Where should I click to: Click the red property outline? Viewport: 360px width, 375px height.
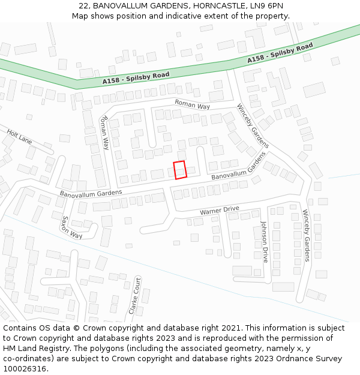click(180, 170)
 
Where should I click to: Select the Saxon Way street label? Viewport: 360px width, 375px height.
click(71, 227)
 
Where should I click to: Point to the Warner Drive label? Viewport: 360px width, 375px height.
click(219, 211)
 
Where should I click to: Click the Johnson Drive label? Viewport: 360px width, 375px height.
click(264, 242)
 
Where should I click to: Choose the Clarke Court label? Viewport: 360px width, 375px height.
click(134, 296)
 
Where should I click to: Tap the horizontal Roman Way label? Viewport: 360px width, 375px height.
click(192, 105)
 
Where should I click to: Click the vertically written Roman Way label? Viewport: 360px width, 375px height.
click(105, 133)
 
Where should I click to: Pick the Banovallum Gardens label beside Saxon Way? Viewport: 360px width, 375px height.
click(91, 193)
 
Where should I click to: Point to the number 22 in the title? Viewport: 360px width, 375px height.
click(83, 5)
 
